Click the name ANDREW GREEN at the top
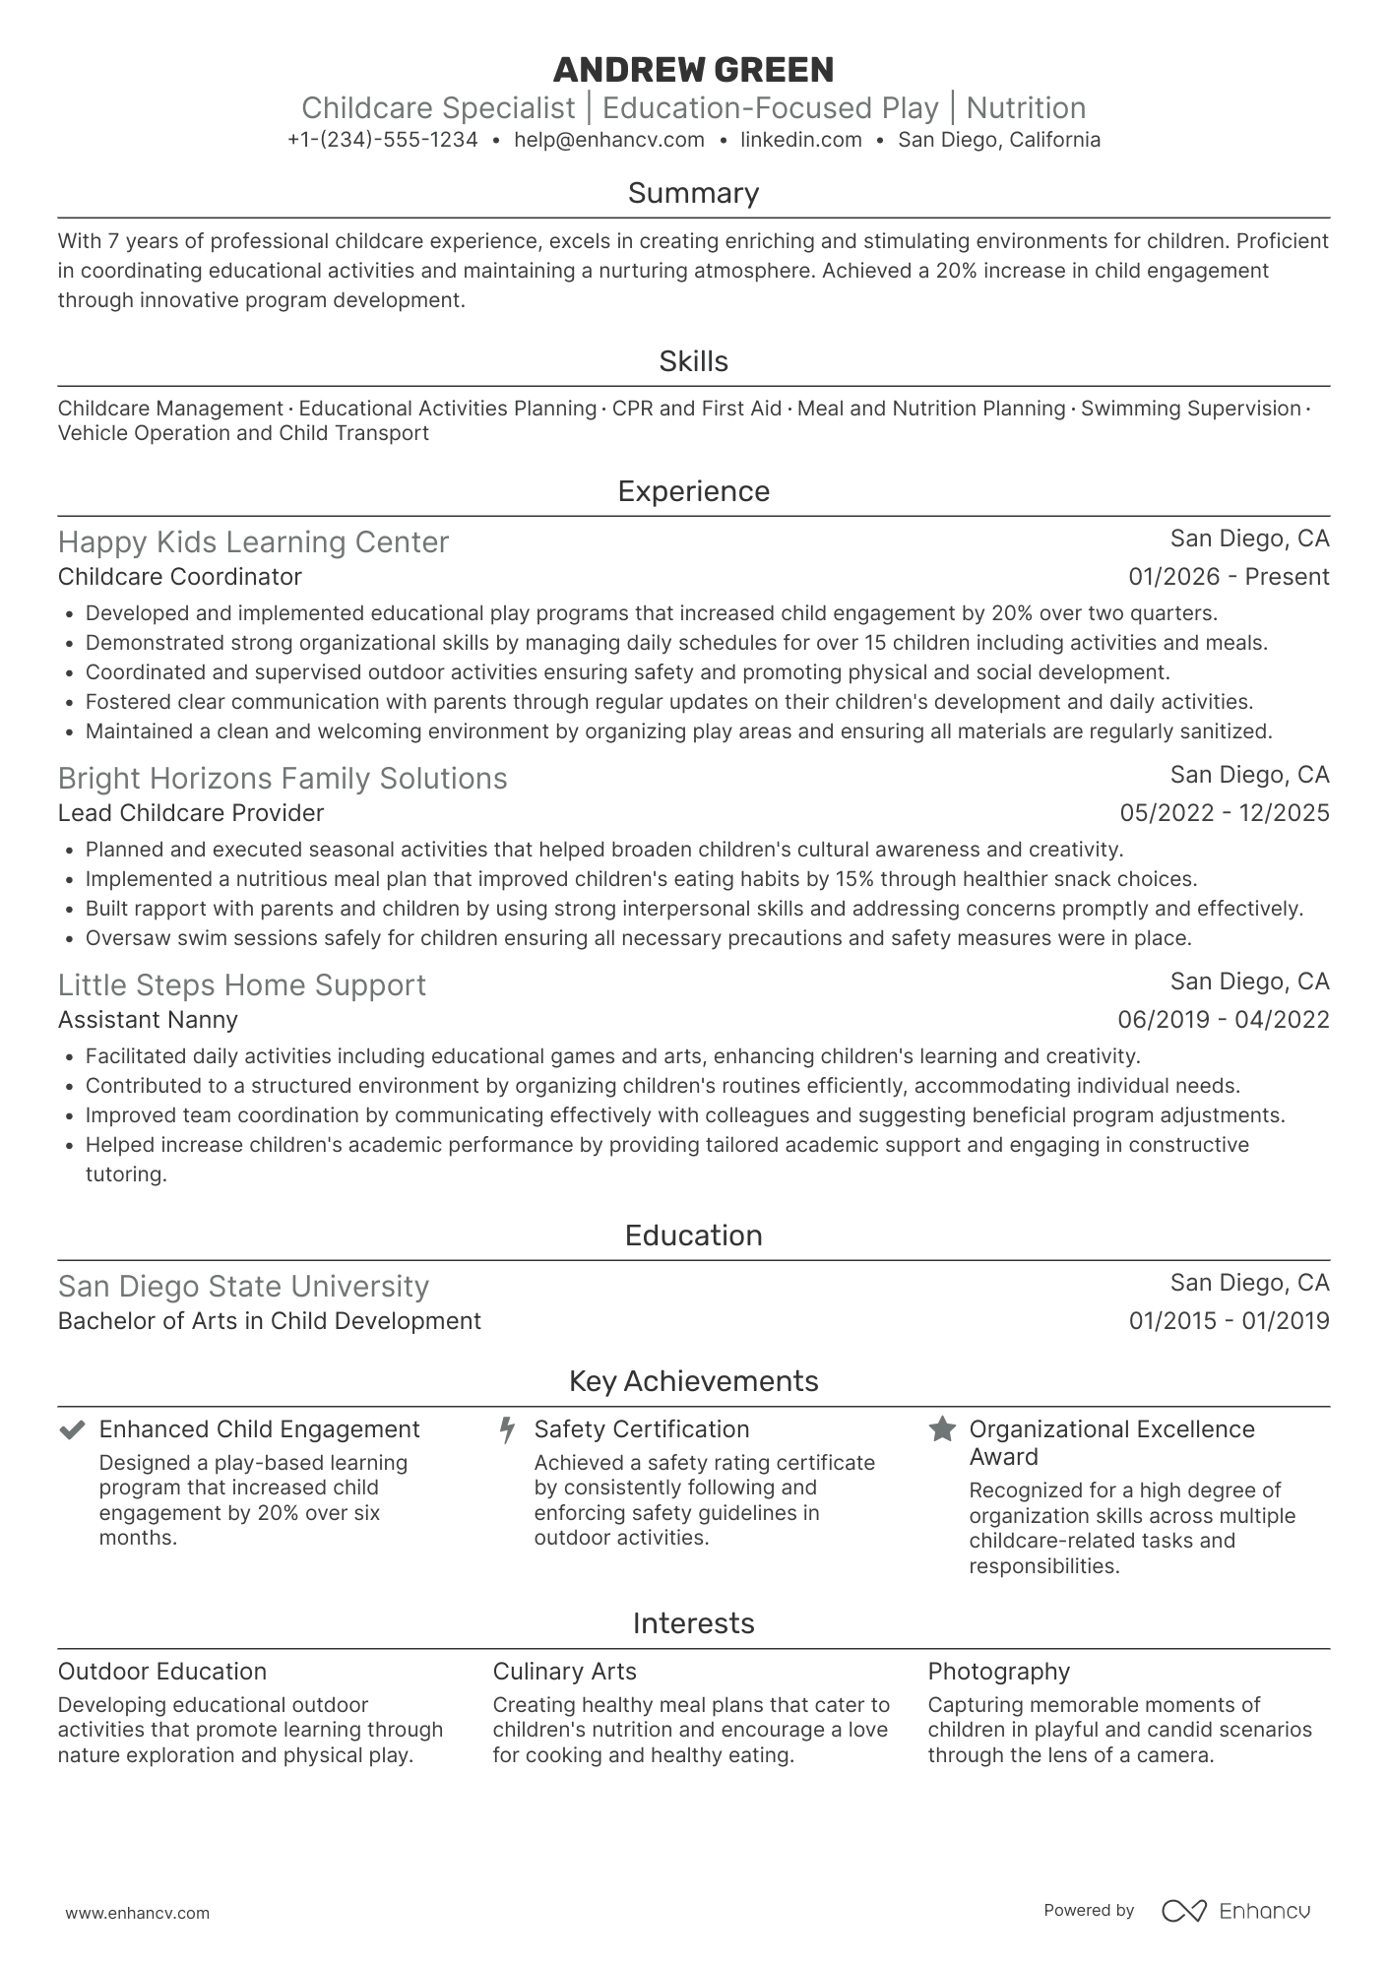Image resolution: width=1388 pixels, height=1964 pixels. click(x=693, y=70)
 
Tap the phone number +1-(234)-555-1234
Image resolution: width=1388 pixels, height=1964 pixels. click(x=382, y=140)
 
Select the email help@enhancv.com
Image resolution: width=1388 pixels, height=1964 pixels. click(x=609, y=140)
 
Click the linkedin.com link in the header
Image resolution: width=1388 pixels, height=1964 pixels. click(x=800, y=140)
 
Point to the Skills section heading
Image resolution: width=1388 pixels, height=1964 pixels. click(x=693, y=361)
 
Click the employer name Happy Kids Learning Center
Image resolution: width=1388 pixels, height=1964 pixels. click(x=253, y=542)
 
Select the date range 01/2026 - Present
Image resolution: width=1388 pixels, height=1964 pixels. click(x=1229, y=577)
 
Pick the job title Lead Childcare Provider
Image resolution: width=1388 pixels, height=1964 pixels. click(x=190, y=813)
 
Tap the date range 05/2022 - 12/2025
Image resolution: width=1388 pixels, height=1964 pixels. click(x=1224, y=813)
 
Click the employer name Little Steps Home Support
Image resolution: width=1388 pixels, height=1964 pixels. click(x=241, y=985)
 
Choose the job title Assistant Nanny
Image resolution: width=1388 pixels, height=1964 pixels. click(x=148, y=1020)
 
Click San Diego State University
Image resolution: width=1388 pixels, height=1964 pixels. click(x=243, y=1287)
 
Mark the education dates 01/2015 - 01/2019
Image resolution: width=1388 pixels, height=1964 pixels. click(x=1229, y=1321)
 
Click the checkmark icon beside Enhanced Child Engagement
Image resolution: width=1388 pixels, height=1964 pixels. click(x=71, y=1429)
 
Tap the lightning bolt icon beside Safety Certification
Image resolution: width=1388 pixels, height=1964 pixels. click(x=507, y=1429)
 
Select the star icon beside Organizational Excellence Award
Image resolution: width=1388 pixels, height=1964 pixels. click(x=942, y=1429)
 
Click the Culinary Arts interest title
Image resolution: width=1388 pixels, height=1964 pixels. click(x=564, y=1672)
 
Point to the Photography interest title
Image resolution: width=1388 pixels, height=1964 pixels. click(x=998, y=1672)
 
